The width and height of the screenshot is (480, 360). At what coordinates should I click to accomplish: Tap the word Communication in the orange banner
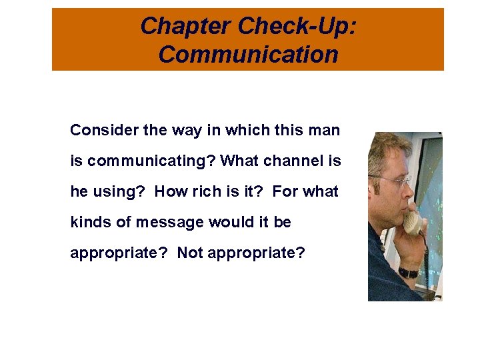[248, 54]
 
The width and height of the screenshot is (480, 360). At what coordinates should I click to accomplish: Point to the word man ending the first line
[325, 130]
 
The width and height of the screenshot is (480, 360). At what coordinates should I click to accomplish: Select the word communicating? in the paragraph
[151, 161]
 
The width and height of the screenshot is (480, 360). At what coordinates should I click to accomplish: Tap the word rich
[209, 191]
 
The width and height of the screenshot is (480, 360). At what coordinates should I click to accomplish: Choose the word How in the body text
[171, 191]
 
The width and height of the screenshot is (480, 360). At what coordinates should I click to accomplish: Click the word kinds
[91, 222]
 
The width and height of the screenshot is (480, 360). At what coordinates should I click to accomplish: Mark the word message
[160, 222]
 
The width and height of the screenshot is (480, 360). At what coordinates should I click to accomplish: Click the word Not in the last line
[190, 253]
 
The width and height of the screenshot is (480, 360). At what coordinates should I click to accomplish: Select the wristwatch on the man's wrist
[408, 272]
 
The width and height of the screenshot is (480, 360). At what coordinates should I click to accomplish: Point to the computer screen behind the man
[430, 187]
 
